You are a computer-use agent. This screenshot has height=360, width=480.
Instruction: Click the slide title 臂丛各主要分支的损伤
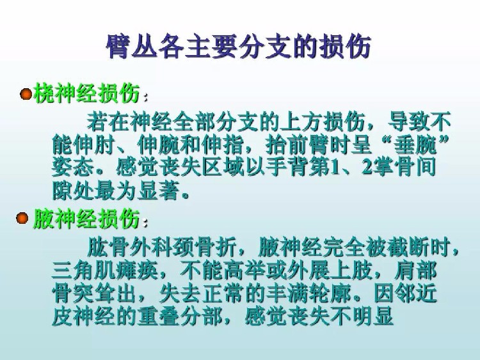(239, 47)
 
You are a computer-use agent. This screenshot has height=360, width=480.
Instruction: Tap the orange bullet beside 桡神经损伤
(26, 94)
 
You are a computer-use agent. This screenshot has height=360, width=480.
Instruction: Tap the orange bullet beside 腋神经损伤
(22, 218)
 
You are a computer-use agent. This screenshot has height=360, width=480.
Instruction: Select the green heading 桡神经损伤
(87, 93)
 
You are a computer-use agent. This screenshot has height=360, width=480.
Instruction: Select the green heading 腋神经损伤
(86, 219)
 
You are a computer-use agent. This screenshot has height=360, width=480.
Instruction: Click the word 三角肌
(84, 271)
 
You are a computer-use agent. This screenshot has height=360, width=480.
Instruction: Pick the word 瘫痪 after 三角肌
(137, 271)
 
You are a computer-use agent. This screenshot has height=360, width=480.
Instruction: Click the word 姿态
(73, 168)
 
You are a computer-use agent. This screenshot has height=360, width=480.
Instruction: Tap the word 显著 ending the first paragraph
(159, 191)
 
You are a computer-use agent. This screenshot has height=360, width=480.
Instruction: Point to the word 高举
(244, 271)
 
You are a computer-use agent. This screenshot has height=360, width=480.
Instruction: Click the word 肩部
(415, 271)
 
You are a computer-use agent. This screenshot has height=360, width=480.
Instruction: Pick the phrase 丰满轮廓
(308, 294)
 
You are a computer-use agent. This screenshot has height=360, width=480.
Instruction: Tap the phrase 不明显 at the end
(362, 317)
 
